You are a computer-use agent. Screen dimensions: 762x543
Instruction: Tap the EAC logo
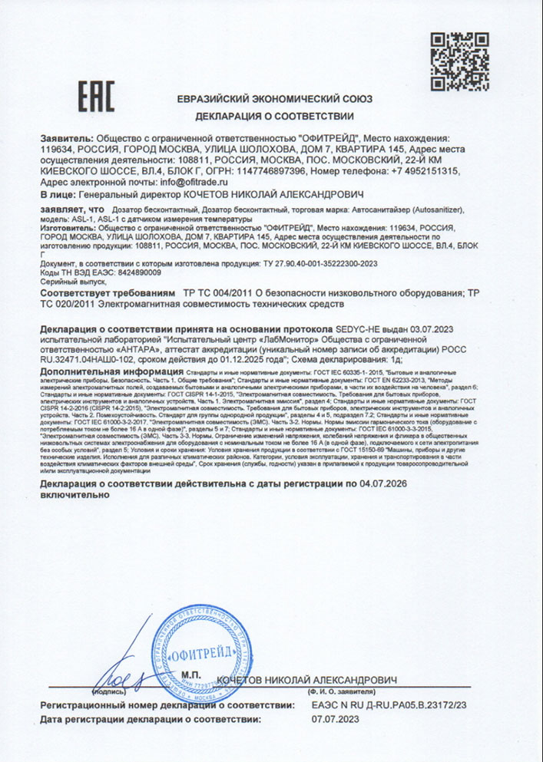point(97,98)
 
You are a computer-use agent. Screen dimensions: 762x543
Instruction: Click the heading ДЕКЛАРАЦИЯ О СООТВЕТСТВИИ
point(274,117)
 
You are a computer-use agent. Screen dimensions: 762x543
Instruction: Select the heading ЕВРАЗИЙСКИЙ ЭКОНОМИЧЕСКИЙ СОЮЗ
point(275,99)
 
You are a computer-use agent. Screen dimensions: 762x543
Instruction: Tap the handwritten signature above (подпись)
point(115,675)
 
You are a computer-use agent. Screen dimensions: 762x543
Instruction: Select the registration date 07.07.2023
point(336,720)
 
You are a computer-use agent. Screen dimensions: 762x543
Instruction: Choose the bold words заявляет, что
point(71,208)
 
